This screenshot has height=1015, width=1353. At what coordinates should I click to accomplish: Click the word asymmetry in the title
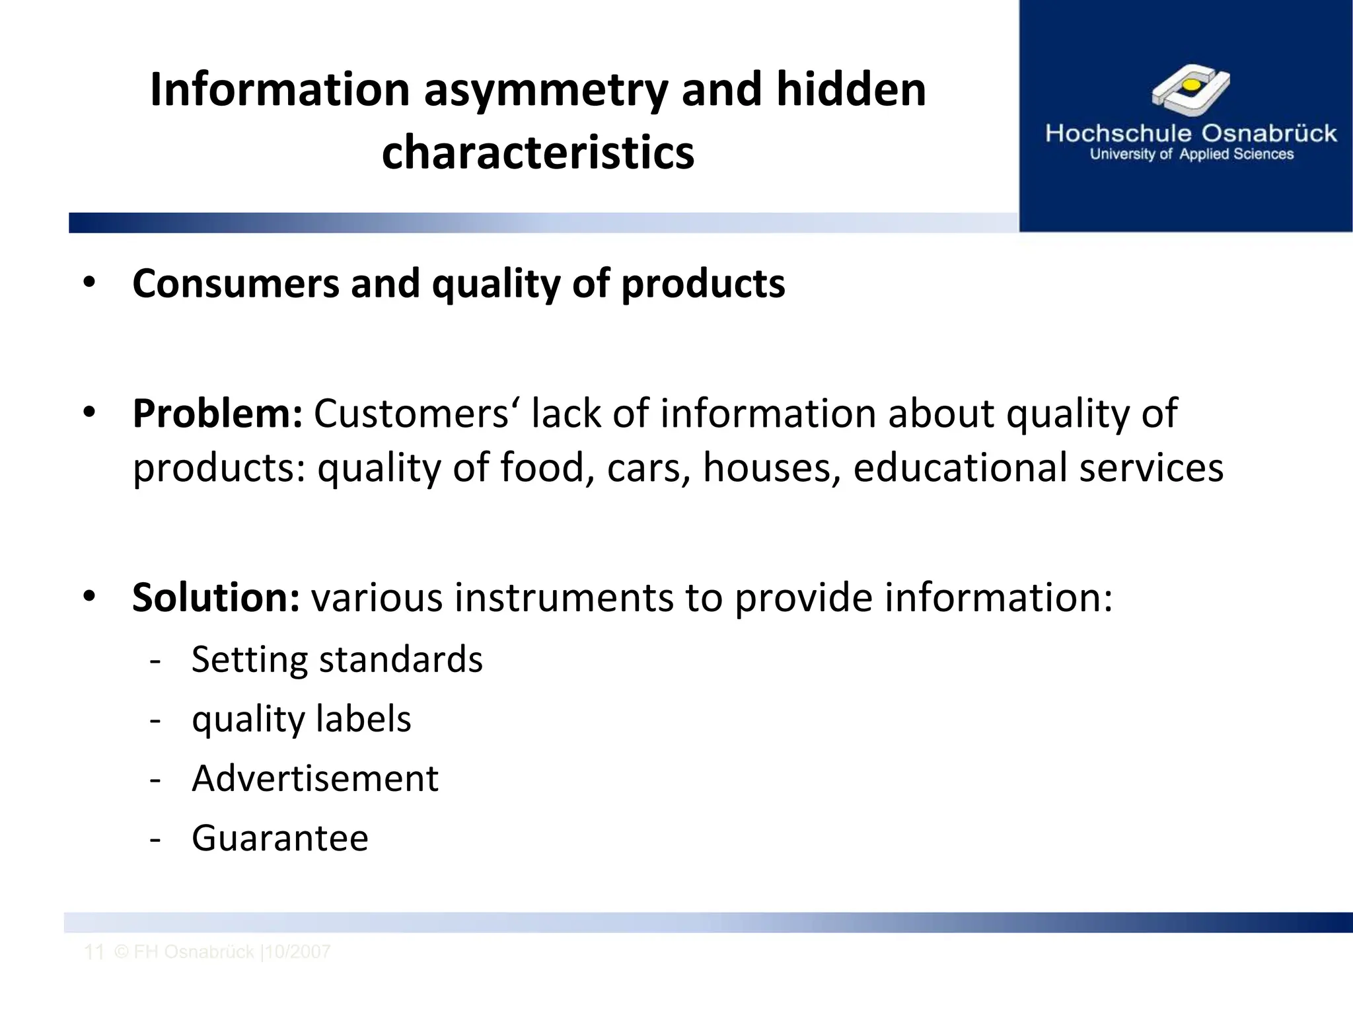(546, 91)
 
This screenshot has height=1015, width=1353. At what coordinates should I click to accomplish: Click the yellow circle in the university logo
(1190, 85)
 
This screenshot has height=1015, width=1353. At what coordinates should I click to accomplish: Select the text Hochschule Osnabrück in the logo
(1190, 133)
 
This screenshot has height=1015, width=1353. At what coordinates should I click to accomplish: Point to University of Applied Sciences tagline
(1191, 155)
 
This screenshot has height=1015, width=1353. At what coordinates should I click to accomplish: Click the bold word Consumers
(235, 284)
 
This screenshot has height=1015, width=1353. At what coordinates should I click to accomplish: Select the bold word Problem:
(217, 414)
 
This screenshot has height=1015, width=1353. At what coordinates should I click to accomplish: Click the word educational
(960, 468)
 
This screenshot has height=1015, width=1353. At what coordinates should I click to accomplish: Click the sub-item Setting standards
(337, 659)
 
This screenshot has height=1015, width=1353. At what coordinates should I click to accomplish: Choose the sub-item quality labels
(301, 719)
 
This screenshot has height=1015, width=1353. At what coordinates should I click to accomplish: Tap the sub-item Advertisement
(314, 778)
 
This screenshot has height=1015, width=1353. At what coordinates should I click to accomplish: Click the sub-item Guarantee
(279, 838)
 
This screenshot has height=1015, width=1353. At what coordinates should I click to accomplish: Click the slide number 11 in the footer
(94, 952)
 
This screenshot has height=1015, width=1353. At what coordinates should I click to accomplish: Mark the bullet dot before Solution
(89, 597)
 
